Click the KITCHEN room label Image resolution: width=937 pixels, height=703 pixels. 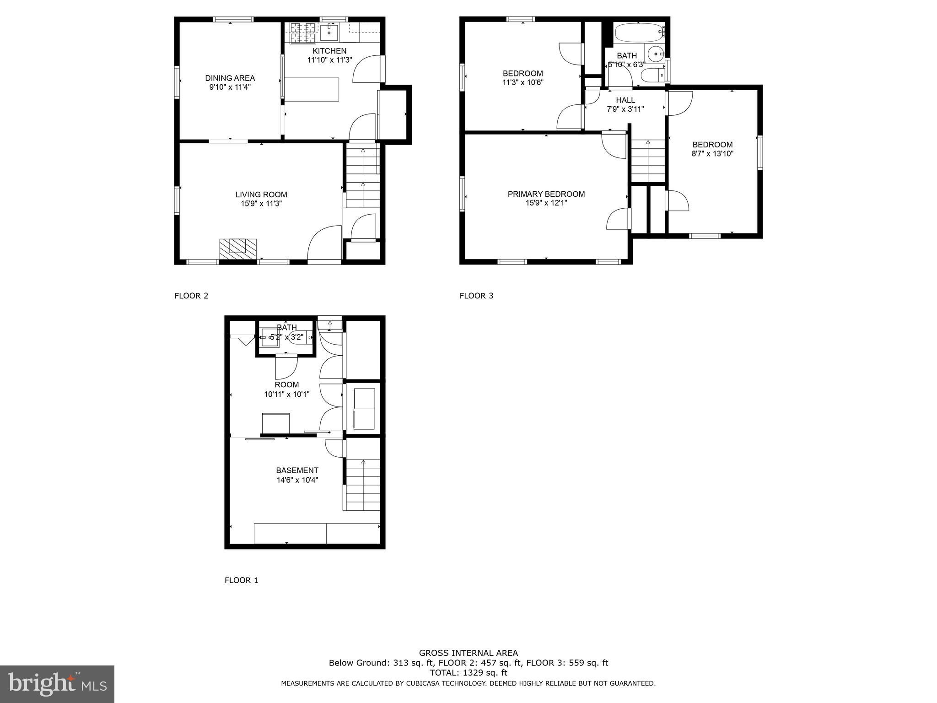pyautogui.click(x=329, y=51)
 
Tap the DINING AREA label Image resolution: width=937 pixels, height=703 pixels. pyautogui.click(x=230, y=78)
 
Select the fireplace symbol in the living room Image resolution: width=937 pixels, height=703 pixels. pyautogui.click(x=237, y=249)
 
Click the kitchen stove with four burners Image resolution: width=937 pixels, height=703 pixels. pyautogui.click(x=303, y=33)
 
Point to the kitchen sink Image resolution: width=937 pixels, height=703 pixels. pyautogui.click(x=328, y=32)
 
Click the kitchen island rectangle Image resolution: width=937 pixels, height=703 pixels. pyautogui.click(x=312, y=89)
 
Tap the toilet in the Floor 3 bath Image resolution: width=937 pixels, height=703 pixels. pyautogui.click(x=652, y=76)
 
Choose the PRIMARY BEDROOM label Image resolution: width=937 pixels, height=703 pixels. pyautogui.click(x=546, y=194)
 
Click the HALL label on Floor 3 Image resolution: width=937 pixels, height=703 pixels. pyautogui.click(x=625, y=100)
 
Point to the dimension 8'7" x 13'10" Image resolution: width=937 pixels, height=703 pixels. pyautogui.click(x=712, y=154)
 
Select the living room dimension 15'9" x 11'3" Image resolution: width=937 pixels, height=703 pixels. pyautogui.click(x=261, y=204)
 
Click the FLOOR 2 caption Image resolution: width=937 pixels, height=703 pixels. pyautogui.click(x=191, y=296)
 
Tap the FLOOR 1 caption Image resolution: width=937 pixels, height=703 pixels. pyautogui.click(x=241, y=580)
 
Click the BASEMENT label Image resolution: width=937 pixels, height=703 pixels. pyautogui.click(x=297, y=470)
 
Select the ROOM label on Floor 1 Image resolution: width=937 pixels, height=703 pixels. pyautogui.click(x=287, y=385)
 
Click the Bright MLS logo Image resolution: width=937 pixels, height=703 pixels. pyautogui.click(x=57, y=684)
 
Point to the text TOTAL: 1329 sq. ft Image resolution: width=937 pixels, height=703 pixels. pyautogui.click(x=468, y=673)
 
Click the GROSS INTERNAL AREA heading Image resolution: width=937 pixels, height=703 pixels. pyautogui.click(x=468, y=653)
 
